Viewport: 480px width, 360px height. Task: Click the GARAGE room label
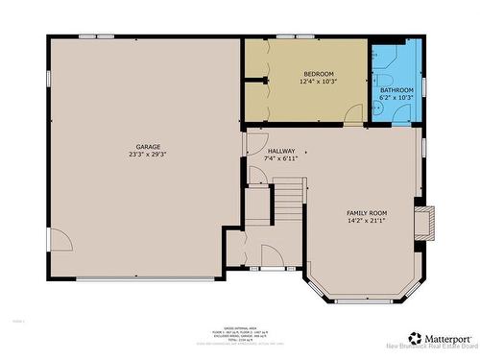(147, 146)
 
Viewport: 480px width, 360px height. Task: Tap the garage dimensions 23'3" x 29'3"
(147, 155)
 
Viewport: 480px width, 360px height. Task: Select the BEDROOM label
(319, 74)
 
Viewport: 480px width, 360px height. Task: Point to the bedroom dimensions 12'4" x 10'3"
(319, 83)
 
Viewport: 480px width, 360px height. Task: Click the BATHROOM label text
(396, 89)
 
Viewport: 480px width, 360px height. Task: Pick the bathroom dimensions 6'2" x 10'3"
(396, 98)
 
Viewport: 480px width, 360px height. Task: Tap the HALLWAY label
(281, 151)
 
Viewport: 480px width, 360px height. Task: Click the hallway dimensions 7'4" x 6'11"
(281, 159)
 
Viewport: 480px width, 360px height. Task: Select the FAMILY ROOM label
(367, 212)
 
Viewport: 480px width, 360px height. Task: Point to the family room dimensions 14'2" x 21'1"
(367, 221)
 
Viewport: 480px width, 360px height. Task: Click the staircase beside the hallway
(288, 202)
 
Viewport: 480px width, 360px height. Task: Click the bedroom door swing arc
(354, 115)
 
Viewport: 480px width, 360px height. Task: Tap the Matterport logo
(441, 339)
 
